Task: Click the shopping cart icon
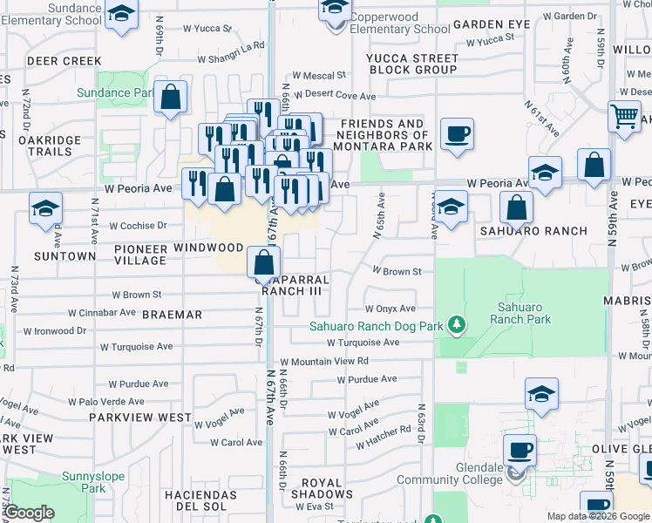(x=624, y=117)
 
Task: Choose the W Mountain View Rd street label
(x=324, y=361)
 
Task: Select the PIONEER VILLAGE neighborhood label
(x=140, y=254)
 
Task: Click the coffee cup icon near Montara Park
(x=457, y=134)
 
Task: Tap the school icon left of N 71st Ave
(x=46, y=209)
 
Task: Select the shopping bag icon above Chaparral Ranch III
(x=263, y=260)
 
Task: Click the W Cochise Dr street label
(x=131, y=226)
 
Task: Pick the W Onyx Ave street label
(x=390, y=309)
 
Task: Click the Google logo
(x=29, y=513)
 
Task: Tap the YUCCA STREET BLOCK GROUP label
(x=413, y=64)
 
